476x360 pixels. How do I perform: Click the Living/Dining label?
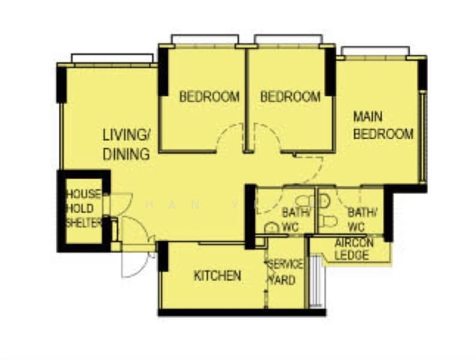coord(126,144)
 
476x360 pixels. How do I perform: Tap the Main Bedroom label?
coord(382,125)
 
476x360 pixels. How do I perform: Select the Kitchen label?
coord(217,276)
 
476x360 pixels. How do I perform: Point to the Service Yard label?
coord(285,272)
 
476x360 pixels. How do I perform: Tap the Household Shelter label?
coord(83,208)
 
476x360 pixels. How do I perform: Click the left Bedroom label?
coord(209,96)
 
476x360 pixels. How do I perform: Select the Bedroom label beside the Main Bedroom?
coord(291,96)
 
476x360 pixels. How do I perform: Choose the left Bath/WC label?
coord(296,219)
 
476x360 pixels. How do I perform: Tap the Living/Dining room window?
coord(112,58)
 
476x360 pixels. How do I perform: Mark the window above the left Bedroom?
coord(204,40)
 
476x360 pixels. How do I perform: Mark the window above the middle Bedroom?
coord(287,40)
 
